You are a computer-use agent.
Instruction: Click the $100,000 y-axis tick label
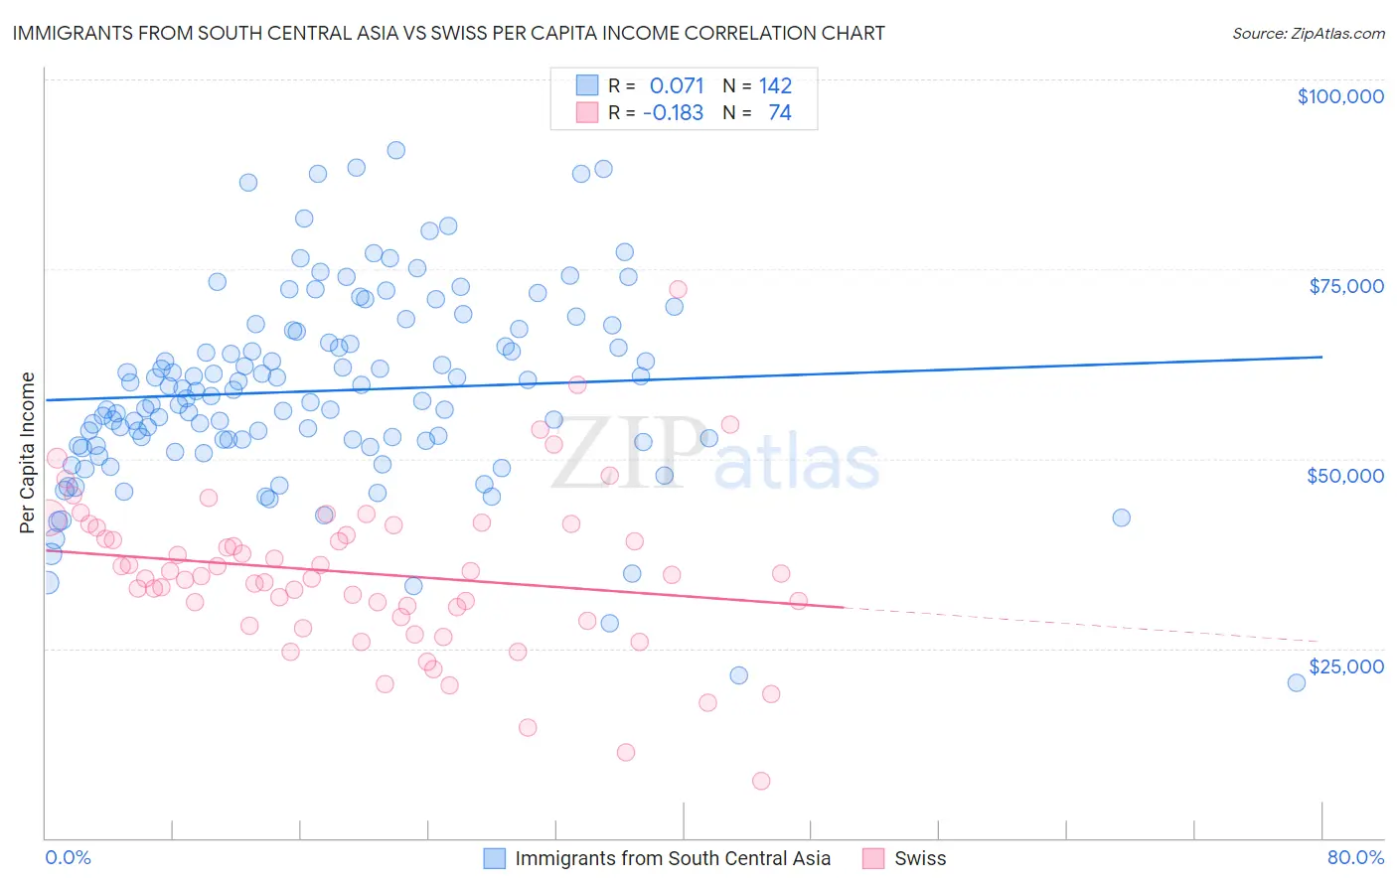pos(1340,96)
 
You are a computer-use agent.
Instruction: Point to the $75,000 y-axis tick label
pos(1346,286)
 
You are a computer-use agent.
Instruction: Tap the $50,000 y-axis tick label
pos(1345,476)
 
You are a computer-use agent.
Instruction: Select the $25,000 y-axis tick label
pos(1346,665)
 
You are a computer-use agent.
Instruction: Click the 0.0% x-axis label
pos(68,857)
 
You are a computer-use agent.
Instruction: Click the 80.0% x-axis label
pos(1355,857)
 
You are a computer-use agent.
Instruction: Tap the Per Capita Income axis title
pos(28,453)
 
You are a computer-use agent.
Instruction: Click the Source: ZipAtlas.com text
pos(1308,33)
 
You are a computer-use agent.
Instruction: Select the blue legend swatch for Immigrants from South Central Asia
pos(495,858)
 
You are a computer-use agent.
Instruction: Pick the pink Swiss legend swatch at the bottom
pos(873,858)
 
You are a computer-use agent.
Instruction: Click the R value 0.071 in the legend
pos(677,85)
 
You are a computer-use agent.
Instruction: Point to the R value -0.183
pos(673,113)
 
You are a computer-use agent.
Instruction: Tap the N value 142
pos(775,85)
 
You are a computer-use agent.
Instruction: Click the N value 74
pos(780,113)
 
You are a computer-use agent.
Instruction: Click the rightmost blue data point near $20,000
pos(1296,682)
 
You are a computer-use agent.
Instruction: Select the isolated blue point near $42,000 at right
pos(1121,517)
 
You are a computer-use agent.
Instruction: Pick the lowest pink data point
pos(761,781)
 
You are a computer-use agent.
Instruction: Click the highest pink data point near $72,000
pos(678,289)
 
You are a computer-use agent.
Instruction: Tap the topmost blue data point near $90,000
pos(395,150)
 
